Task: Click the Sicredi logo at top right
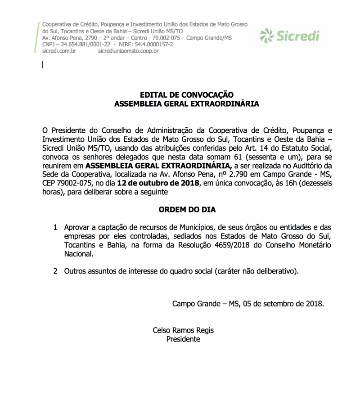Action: click(x=289, y=35)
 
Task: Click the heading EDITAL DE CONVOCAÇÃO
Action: click(x=187, y=95)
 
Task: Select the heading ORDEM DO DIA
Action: click(x=187, y=210)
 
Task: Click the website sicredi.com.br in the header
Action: click(x=59, y=51)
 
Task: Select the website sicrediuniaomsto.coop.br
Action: click(x=128, y=51)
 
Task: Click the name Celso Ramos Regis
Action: click(x=183, y=330)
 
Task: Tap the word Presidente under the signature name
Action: click(x=183, y=339)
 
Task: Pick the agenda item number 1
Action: click(x=55, y=228)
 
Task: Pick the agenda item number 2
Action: click(x=55, y=271)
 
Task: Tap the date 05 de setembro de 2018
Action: click(x=283, y=303)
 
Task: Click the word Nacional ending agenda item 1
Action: click(x=79, y=254)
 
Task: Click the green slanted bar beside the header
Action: click(x=36, y=36)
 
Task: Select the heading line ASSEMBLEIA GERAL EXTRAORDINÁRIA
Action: click(x=187, y=104)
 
